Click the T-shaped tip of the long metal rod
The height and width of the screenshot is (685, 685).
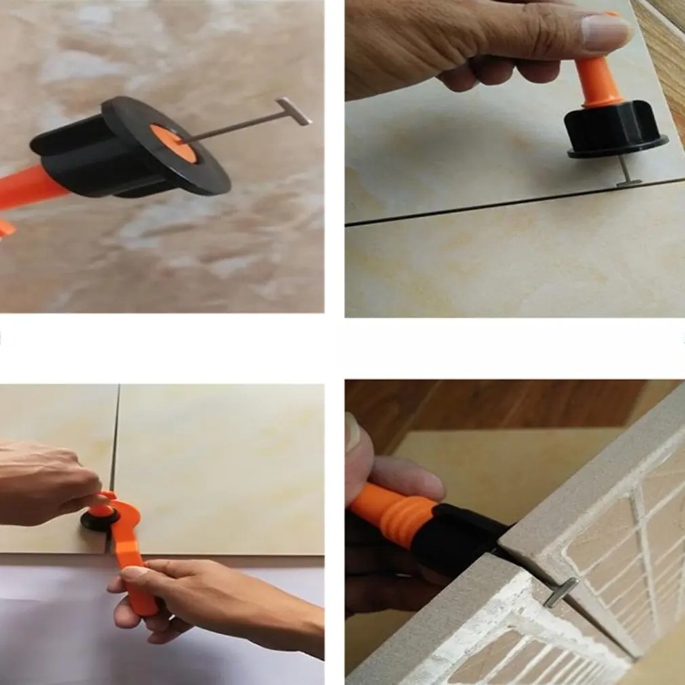[x=294, y=111]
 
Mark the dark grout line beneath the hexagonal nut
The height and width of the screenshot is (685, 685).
[x=475, y=207]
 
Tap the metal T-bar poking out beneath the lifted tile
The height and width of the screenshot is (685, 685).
[x=562, y=591]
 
